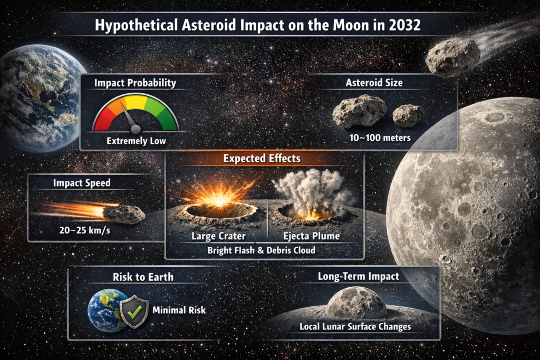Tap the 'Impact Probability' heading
coord(135,83)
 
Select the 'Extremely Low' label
coord(136,141)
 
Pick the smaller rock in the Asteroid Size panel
coord(408,115)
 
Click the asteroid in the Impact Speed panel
coord(123,213)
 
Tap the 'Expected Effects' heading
coord(262,159)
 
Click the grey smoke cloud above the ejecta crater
coord(311,190)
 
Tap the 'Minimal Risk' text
coord(179,310)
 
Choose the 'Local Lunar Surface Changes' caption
coord(355,327)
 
